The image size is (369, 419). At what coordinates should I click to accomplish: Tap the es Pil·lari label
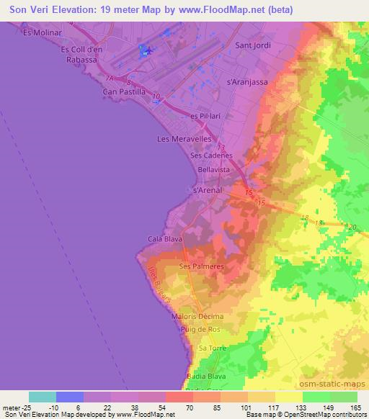[204, 117]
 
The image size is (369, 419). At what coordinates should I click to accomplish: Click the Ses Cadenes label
[211, 155]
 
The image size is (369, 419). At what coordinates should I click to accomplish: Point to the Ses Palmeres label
[202, 266]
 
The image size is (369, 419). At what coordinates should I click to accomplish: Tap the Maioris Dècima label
[198, 317]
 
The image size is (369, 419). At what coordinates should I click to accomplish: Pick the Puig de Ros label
[204, 329]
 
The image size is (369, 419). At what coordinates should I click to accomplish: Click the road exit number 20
[352, 227]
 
